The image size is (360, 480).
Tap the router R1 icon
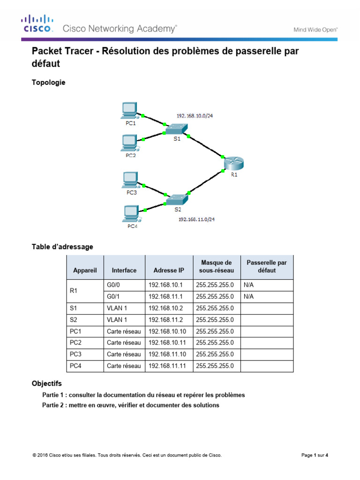(x=233, y=164)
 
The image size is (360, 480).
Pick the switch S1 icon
(x=177, y=129)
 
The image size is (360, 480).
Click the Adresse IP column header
(x=169, y=270)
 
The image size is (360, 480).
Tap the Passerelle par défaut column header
(x=267, y=267)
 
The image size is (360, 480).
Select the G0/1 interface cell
(x=114, y=296)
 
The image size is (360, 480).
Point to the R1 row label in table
(x=73, y=291)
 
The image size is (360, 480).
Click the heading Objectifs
(x=46, y=383)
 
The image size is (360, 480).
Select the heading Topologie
(x=48, y=82)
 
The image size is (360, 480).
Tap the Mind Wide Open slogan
(x=315, y=30)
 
